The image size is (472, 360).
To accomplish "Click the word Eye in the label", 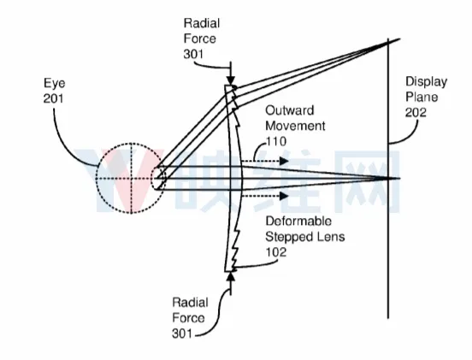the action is (54, 84).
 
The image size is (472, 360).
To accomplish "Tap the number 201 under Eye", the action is (53, 98).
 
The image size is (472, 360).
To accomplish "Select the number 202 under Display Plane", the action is (416, 113).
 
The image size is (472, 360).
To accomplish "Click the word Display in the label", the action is (426, 82).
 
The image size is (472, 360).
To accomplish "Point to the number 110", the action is (276, 141).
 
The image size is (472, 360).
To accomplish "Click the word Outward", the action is (290, 110).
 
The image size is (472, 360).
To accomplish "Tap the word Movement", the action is (295, 126).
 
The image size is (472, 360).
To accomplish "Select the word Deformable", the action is (298, 221).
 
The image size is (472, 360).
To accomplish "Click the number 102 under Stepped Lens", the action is (276, 252).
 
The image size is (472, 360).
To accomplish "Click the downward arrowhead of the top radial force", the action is (231, 80).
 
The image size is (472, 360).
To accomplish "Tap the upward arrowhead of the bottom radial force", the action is (231, 276).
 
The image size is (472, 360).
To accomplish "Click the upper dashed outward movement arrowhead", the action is (284, 161).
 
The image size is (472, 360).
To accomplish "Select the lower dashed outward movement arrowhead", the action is (284, 197).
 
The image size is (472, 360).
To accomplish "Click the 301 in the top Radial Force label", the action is (193, 54).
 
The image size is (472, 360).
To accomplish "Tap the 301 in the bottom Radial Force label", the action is (182, 333).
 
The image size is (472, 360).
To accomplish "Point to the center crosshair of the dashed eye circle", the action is (131, 178).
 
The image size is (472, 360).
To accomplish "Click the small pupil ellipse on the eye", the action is (158, 178).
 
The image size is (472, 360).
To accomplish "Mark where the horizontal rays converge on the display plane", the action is (388, 178).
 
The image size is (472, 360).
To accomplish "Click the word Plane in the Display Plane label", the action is (422, 97).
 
